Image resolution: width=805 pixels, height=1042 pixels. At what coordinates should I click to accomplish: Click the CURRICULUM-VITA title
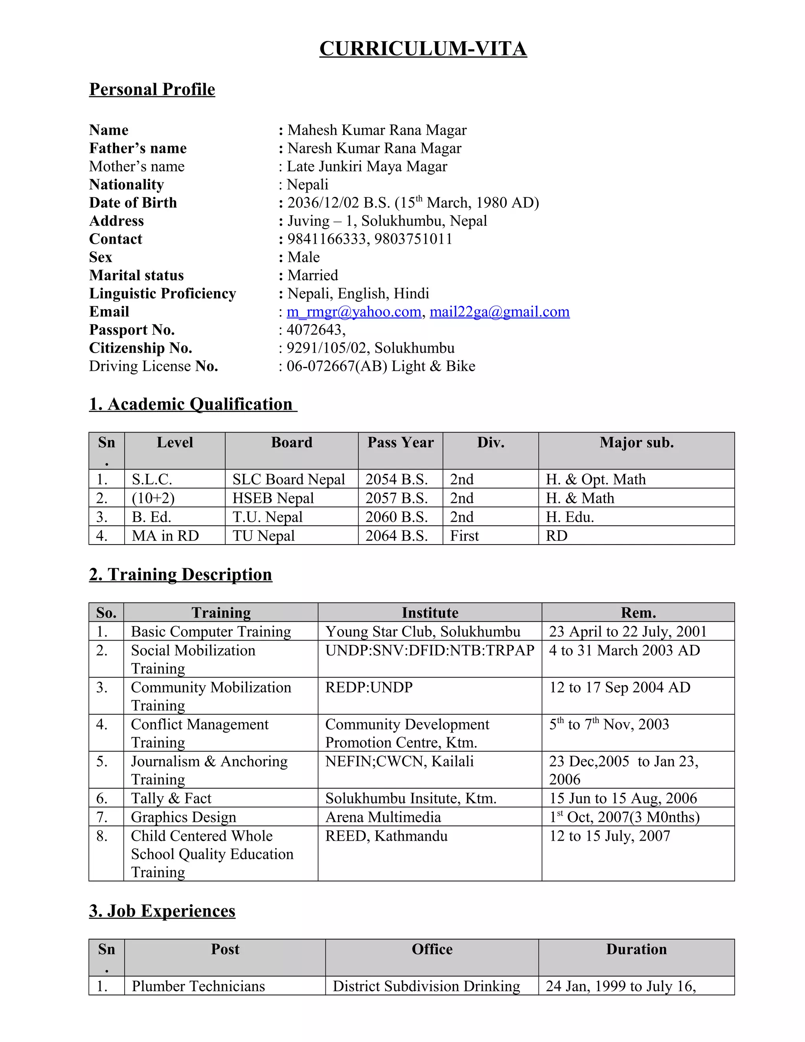coord(423,49)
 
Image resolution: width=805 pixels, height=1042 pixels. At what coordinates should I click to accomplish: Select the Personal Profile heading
coord(152,89)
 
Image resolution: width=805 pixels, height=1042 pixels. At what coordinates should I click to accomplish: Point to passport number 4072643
coord(316,330)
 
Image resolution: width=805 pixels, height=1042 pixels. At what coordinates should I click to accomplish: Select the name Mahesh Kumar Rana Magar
coord(377,130)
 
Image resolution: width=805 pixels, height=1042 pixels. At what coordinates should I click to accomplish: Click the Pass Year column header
coord(400,442)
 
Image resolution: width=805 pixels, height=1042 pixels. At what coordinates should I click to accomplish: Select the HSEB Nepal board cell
coord(273,498)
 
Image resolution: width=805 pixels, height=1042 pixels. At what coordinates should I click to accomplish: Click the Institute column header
coord(430,613)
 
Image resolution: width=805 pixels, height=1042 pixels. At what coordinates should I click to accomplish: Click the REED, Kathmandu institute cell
coord(386,836)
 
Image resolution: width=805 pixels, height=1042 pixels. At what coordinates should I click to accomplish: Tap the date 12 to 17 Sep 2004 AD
coord(619,687)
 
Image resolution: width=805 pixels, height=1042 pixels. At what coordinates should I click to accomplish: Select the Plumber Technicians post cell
coord(198,986)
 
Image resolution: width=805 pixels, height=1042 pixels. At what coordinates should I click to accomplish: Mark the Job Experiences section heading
coord(162,911)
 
